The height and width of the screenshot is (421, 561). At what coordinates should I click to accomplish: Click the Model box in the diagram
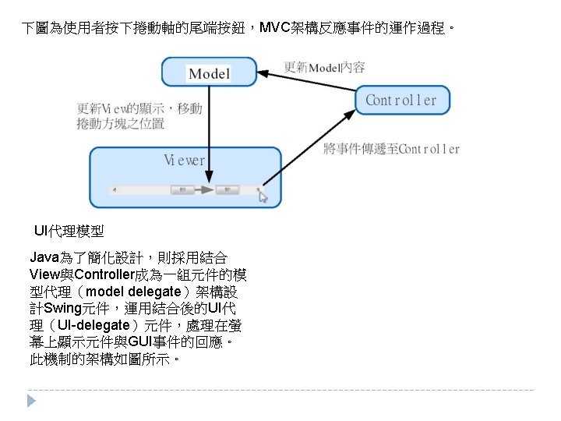pos(209,73)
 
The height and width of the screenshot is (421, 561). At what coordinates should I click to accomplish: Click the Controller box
pos(402,100)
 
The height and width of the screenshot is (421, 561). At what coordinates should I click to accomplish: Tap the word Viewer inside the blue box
pos(185,161)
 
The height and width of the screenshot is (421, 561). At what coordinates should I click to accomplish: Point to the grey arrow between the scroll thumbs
pos(203,189)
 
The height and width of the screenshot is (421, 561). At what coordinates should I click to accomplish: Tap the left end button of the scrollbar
pos(114,189)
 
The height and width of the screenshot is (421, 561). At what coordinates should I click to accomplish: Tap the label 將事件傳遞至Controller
pos(391,149)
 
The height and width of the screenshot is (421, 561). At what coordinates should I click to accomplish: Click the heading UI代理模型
pos(69,232)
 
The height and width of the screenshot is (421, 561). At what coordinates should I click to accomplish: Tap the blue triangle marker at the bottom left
pos(31,401)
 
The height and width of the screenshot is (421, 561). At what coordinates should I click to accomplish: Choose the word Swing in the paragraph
pos(64,308)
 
